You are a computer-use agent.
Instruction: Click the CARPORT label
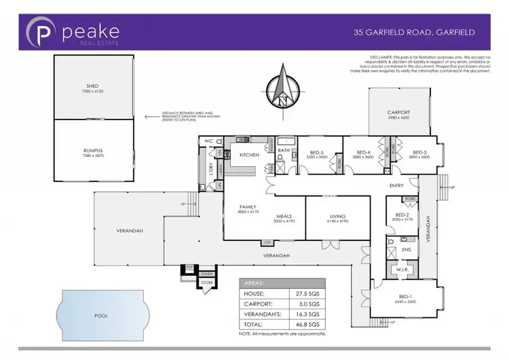(398, 114)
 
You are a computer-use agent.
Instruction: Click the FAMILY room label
(249, 208)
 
